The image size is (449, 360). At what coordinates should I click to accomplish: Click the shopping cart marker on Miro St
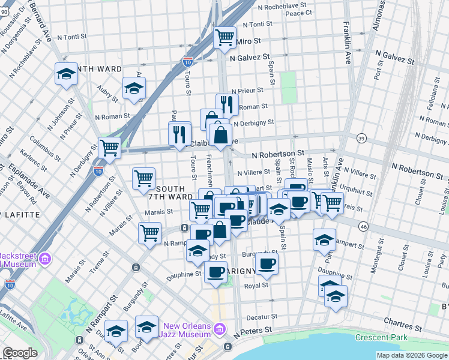point(225,38)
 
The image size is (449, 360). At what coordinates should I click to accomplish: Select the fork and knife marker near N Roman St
point(227,105)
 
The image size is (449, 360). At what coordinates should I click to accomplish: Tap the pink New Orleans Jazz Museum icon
point(219,329)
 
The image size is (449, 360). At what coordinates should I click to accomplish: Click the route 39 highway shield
point(361,138)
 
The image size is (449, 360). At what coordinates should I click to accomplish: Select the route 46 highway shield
point(363,226)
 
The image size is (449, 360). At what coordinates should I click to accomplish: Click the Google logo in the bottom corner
point(20,353)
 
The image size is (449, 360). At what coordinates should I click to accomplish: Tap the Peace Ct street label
point(298,12)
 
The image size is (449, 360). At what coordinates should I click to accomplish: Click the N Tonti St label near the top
point(256,25)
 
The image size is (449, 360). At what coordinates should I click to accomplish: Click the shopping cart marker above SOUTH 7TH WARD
point(143,178)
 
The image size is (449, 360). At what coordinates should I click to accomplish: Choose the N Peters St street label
point(255,331)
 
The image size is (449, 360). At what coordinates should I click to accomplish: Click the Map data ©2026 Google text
point(411,355)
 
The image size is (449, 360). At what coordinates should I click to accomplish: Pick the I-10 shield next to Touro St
point(187,61)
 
